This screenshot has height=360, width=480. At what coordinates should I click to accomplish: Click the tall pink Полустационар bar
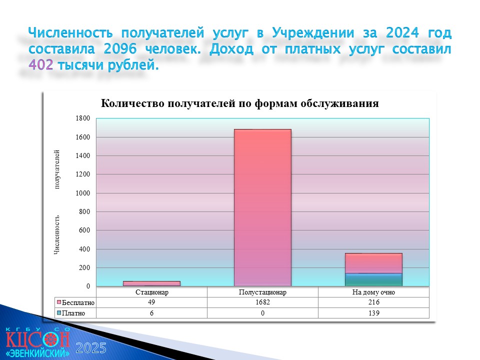click(x=262, y=207)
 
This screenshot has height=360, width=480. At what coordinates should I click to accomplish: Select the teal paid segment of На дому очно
click(x=373, y=280)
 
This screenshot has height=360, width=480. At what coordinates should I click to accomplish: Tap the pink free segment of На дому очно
click(x=373, y=263)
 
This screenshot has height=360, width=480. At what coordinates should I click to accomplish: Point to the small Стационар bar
click(x=152, y=283)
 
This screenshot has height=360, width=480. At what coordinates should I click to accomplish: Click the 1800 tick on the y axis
click(x=83, y=118)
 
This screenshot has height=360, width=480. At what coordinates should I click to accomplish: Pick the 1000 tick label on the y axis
click(x=83, y=193)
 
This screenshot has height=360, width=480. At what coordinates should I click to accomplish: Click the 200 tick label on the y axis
click(x=84, y=267)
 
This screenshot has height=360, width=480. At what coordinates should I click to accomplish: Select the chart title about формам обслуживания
click(x=239, y=103)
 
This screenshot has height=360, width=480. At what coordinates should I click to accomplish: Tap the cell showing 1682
click(x=262, y=302)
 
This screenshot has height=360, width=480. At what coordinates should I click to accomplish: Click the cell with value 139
click(x=374, y=313)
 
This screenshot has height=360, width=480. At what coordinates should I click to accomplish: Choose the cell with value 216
click(x=374, y=302)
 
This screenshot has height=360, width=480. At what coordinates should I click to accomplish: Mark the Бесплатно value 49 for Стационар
click(x=151, y=302)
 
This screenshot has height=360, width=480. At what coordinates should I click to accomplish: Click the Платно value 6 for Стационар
click(x=151, y=313)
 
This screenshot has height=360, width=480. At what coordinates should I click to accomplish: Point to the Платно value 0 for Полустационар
click(x=262, y=313)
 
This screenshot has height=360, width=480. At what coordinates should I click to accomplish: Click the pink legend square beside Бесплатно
click(x=59, y=302)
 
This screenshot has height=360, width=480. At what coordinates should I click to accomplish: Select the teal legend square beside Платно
click(x=59, y=313)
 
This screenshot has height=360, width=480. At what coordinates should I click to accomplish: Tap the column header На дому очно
click(x=373, y=292)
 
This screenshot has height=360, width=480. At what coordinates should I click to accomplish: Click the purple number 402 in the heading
click(x=40, y=64)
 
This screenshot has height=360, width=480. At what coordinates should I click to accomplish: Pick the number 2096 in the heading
click(x=120, y=48)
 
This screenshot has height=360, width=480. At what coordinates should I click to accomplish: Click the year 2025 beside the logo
click(x=91, y=348)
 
